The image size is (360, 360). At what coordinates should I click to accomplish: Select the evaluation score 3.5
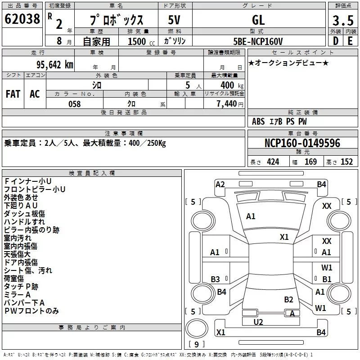pyautogui.click(x=342, y=20)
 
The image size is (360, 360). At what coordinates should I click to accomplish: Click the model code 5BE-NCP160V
pyautogui.click(x=258, y=41)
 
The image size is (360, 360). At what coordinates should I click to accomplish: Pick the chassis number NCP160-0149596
pyautogui.click(x=302, y=143)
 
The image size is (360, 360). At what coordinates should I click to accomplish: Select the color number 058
pyautogui.click(x=74, y=104)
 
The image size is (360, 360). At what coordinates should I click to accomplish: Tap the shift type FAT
pyautogui.click(x=13, y=94)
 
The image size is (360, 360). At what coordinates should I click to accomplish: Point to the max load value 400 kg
pyautogui.click(x=230, y=85)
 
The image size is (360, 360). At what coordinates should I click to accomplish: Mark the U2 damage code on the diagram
pyautogui.click(x=258, y=322)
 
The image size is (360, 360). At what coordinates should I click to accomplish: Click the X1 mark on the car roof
pyautogui.click(x=284, y=237)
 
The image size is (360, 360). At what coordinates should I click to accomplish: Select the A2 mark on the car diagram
pyautogui.click(x=220, y=184)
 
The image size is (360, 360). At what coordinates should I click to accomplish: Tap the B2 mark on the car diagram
pyautogui.click(x=288, y=299)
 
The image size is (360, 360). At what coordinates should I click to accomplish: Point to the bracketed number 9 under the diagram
pyautogui.click(x=196, y=344)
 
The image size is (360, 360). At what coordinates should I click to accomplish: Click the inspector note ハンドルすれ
pyautogui.click(x=24, y=221)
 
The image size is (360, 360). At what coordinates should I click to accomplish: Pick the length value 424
pyautogui.click(x=273, y=162)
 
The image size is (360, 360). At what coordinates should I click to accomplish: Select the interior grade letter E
pyautogui.click(x=349, y=41)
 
